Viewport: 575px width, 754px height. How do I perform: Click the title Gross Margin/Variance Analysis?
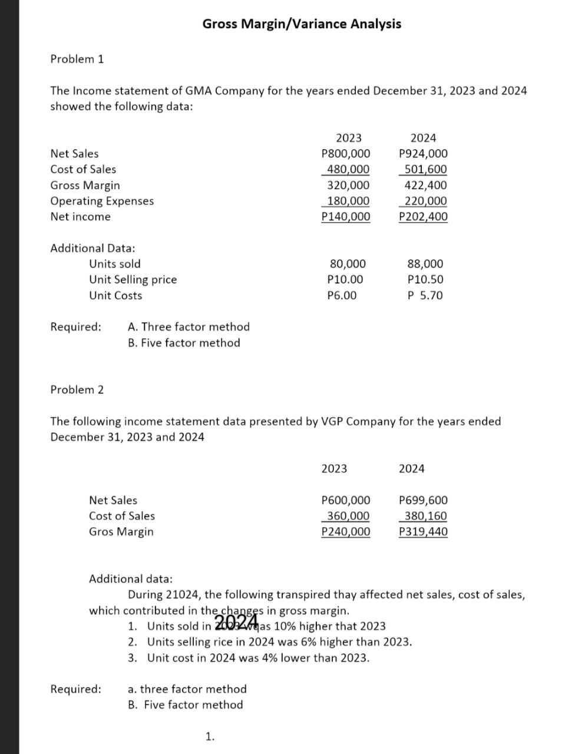(x=302, y=24)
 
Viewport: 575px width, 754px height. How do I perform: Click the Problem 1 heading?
(x=77, y=59)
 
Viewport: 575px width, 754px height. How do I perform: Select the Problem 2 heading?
(x=77, y=389)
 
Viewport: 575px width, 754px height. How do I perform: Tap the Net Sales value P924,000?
(x=423, y=154)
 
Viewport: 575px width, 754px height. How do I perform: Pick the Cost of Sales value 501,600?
(x=423, y=170)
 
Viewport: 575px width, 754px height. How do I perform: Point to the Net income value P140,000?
(x=346, y=217)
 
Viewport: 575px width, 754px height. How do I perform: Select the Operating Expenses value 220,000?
(x=423, y=201)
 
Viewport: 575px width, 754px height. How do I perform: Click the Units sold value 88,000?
(x=425, y=264)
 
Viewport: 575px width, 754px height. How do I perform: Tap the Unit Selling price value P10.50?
(x=425, y=280)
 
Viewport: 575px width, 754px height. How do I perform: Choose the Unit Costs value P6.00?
(x=342, y=296)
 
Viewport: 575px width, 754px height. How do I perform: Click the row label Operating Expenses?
(x=102, y=201)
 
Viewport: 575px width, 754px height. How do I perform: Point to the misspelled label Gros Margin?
(x=121, y=531)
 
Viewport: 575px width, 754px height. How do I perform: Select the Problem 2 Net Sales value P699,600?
(x=423, y=500)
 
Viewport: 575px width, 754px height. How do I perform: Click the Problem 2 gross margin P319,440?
(x=423, y=532)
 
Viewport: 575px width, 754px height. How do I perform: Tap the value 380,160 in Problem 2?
(x=423, y=516)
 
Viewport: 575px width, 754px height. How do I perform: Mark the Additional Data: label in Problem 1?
(x=92, y=248)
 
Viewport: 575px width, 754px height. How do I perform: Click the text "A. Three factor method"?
(x=189, y=326)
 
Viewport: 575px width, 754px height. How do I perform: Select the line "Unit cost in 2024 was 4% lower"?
(x=258, y=657)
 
